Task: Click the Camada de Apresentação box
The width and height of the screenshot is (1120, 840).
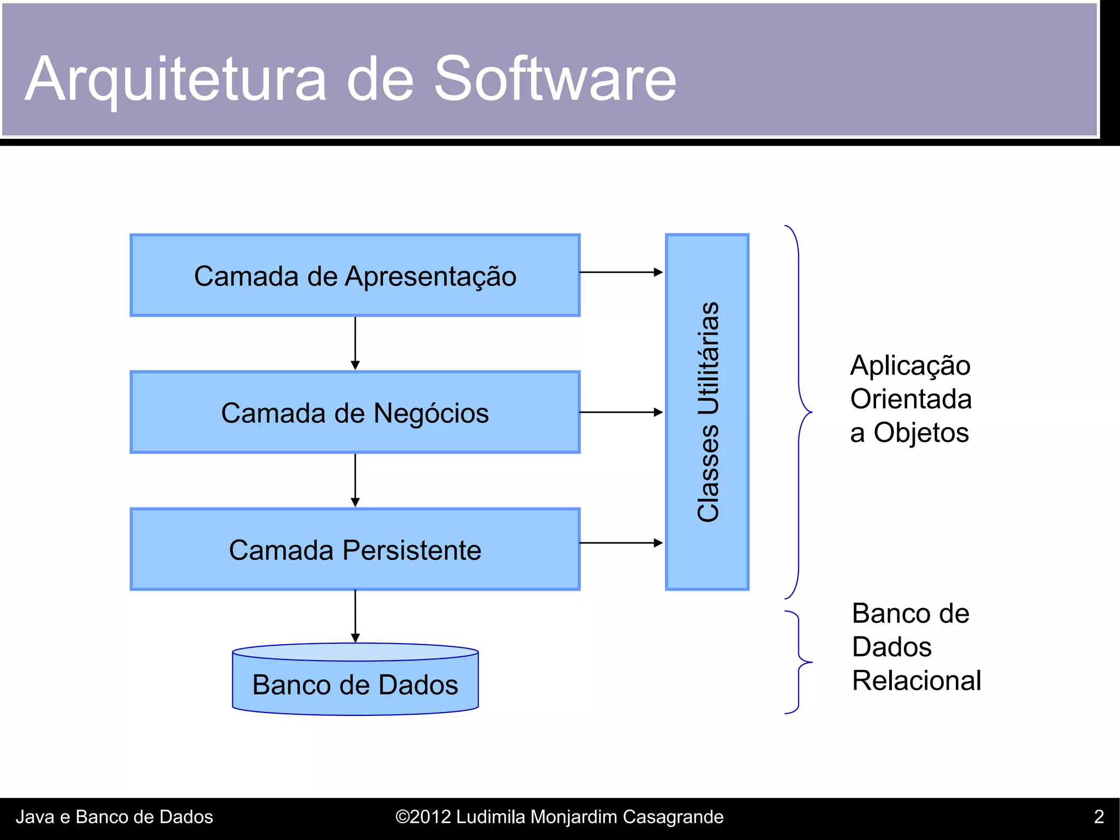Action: (355, 276)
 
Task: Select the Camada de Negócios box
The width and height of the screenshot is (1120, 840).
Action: (355, 412)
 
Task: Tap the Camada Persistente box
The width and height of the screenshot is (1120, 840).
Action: (355, 550)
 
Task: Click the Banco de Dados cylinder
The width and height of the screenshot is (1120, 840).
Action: (355, 684)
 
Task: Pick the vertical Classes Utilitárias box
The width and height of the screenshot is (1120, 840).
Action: (707, 412)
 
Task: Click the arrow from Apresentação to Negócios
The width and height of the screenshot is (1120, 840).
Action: (355, 343)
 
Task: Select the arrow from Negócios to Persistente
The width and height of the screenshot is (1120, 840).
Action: (355, 480)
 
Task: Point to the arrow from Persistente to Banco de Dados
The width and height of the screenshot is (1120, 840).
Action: (355, 616)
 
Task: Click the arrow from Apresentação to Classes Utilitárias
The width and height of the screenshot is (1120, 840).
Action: (621, 272)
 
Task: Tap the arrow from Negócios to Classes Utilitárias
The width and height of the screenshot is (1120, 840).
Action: (621, 412)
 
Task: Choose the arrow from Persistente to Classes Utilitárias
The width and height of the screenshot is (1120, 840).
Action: (621, 543)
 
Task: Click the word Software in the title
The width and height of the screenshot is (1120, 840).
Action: (555, 79)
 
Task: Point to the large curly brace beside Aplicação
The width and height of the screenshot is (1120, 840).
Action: (799, 412)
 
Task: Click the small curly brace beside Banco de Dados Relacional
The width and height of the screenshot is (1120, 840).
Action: (799, 662)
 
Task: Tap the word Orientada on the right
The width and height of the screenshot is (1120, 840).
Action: (911, 399)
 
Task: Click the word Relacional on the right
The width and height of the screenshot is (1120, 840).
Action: (917, 681)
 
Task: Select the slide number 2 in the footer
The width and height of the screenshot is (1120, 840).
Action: (1099, 816)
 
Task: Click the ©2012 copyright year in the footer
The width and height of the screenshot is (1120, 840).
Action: (423, 816)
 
